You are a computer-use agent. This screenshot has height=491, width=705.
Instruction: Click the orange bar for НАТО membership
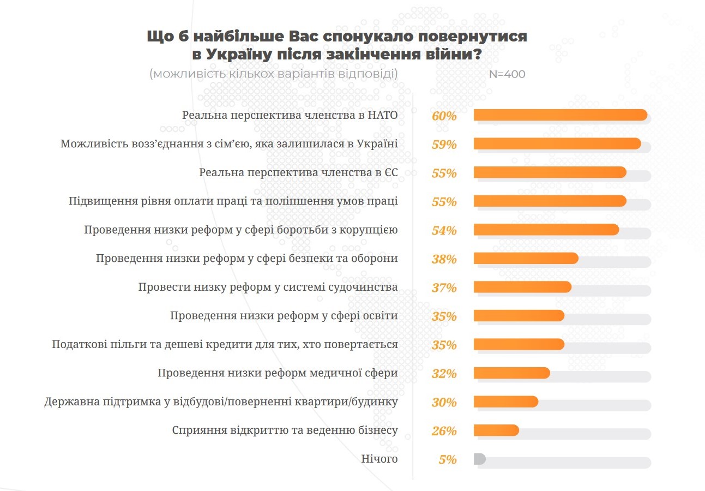(560, 115)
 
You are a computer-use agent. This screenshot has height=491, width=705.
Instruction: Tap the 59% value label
(444, 145)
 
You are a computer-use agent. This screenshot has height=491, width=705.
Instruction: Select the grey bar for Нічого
(479, 459)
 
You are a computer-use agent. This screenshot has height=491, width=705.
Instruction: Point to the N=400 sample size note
(507, 74)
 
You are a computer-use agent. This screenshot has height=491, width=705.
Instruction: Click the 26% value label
(444, 430)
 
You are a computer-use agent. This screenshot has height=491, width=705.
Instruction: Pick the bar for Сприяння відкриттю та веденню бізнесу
(496, 430)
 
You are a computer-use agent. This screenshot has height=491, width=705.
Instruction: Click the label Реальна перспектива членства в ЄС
(298, 173)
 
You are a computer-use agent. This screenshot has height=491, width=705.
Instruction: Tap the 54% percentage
(444, 230)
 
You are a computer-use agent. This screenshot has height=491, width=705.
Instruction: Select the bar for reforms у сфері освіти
(519, 316)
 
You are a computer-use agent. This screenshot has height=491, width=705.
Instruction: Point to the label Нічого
(379, 459)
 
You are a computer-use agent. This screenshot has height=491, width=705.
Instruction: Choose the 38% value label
(444, 259)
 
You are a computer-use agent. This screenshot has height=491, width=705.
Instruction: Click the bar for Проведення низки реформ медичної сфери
(511, 373)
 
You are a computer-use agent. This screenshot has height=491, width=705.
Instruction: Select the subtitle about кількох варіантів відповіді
(274, 74)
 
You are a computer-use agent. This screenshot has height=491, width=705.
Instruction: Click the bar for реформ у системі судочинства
(522, 287)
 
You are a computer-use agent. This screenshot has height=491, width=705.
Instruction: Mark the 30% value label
(444, 402)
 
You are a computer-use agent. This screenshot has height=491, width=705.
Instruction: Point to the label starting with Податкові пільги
(225, 345)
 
